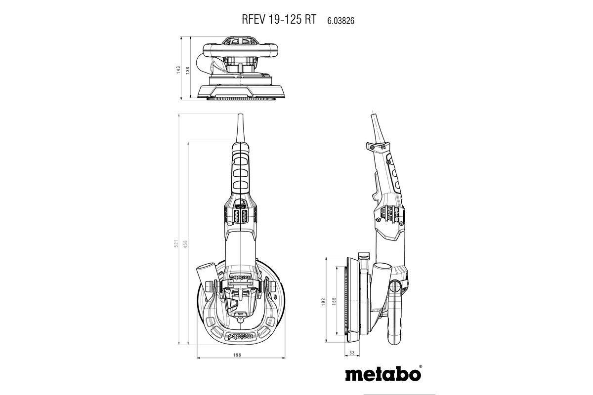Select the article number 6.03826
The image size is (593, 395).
[341, 20]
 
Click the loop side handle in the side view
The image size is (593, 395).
[396, 316]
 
